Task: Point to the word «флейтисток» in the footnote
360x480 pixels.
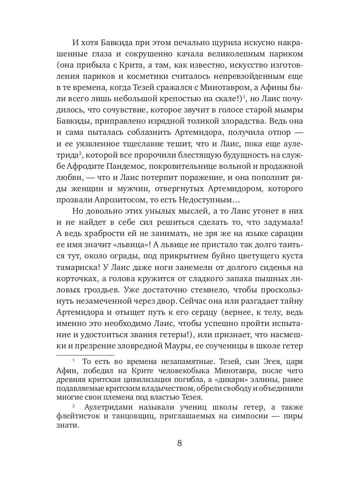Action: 78,416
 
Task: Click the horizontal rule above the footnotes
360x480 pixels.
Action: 85,355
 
